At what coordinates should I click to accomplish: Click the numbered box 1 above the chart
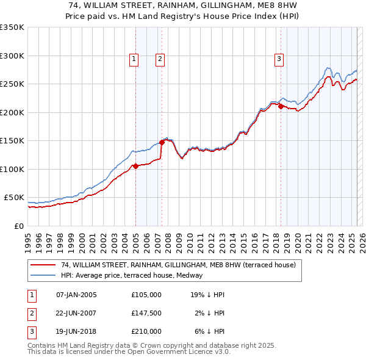tap(134, 59)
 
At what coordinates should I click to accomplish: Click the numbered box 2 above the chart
tap(160, 59)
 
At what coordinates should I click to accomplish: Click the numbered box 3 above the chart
tap(279, 59)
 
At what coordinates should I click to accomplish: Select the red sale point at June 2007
tap(162, 142)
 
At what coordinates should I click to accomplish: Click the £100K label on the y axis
tap(12, 169)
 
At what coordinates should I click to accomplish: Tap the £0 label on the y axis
tap(18, 226)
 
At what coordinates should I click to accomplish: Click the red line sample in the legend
tap(44, 265)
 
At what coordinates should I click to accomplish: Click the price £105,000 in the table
tap(146, 295)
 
